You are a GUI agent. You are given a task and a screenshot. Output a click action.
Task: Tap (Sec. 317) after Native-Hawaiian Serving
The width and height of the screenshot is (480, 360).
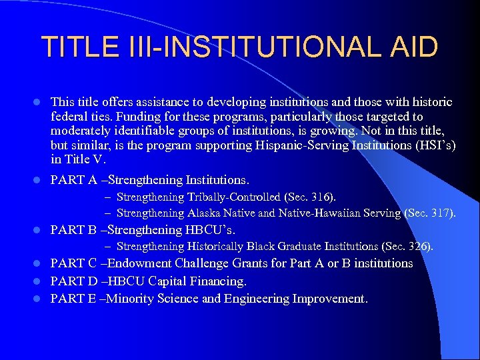tap(430, 213)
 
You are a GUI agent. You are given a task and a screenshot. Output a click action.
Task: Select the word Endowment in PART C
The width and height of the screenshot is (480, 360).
tap(142, 263)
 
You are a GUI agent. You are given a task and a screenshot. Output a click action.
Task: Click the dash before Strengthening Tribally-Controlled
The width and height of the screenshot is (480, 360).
tap(108, 197)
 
